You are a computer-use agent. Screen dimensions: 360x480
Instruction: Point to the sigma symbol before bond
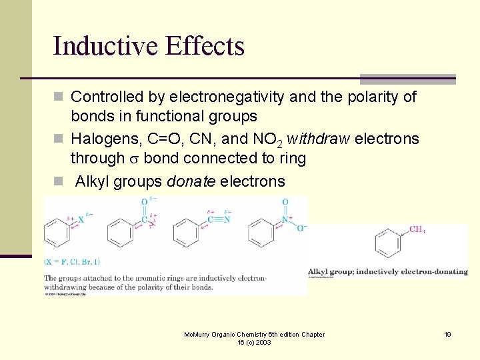click(x=133, y=159)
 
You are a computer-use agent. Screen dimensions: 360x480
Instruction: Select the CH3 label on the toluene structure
click(x=417, y=230)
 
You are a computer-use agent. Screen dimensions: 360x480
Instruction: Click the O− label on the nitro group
click(x=301, y=228)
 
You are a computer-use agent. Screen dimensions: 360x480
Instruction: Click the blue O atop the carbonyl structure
click(x=144, y=201)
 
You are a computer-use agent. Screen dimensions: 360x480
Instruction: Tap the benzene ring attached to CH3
click(x=388, y=243)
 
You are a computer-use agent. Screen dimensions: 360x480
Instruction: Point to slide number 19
click(x=447, y=334)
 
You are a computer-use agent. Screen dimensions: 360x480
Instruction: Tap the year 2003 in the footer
click(x=265, y=343)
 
